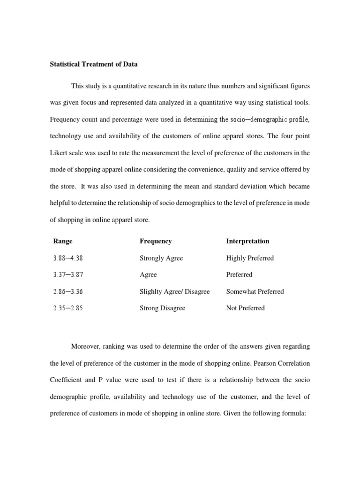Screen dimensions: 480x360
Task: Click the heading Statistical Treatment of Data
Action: pyautogui.click(x=94, y=64)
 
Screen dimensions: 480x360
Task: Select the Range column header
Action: pyautogui.click(x=63, y=241)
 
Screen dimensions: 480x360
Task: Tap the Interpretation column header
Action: pyautogui.click(x=247, y=241)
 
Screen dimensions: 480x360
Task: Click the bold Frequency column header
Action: pyautogui.click(x=156, y=241)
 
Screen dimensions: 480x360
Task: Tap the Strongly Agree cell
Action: pyautogui.click(x=161, y=258)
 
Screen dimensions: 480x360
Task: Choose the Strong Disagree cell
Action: pyautogui.click(x=162, y=308)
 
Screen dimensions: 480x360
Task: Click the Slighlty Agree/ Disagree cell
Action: pyautogui.click(x=174, y=292)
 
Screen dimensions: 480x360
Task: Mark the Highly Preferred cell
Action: pyautogui.click(x=250, y=258)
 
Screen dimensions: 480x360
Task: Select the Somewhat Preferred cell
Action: pyautogui.click(x=255, y=292)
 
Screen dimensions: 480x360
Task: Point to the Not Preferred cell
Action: pyautogui.click(x=245, y=308)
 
